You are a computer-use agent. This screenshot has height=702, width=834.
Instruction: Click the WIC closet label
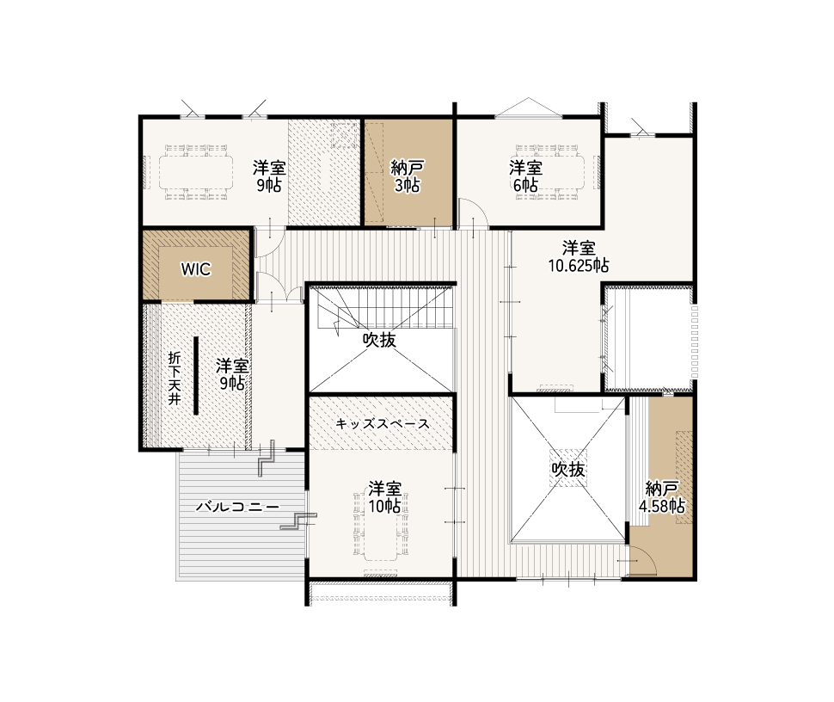[x=196, y=269]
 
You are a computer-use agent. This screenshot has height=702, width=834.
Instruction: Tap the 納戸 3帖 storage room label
[x=407, y=176]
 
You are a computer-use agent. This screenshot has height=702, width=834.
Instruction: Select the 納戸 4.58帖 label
[x=662, y=497]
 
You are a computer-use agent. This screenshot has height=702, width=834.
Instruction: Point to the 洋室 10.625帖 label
[x=579, y=256]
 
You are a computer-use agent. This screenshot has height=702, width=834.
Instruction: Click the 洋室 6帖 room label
[x=525, y=176]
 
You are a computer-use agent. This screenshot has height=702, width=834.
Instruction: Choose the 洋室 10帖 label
[x=384, y=497]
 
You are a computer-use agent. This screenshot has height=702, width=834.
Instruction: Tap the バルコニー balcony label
[x=237, y=506]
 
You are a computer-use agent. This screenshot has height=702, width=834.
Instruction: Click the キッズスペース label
[x=383, y=423]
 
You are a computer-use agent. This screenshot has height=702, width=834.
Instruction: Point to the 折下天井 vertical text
[x=175, y=379]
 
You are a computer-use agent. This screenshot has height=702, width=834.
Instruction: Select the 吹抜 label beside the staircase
[x=379, y=340]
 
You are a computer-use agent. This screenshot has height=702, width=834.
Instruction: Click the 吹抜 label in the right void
[x=568, y=469]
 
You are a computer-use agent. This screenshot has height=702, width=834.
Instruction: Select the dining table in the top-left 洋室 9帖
[x=196, y=172]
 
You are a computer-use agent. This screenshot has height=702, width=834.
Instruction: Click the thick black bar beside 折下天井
[x=196, y=376]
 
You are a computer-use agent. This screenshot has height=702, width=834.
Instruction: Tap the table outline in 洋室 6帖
[x=550, y=172]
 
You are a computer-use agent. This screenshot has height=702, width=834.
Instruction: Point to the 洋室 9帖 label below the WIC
[x=232, y=374]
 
